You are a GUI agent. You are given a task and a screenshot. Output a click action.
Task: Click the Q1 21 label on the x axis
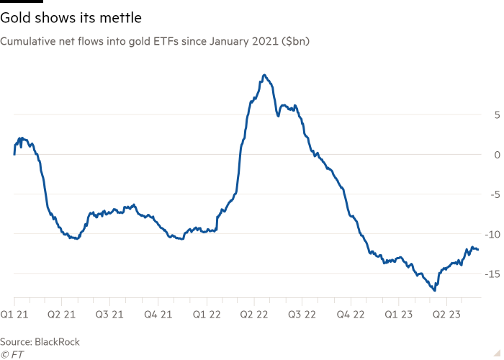pyautogui.click(x=14, y=315)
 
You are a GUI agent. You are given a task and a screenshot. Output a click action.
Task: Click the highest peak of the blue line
pyautogui.click(x=264, y=74)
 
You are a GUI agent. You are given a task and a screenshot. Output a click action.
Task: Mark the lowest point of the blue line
pyautogui.click(x=434, y=291)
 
